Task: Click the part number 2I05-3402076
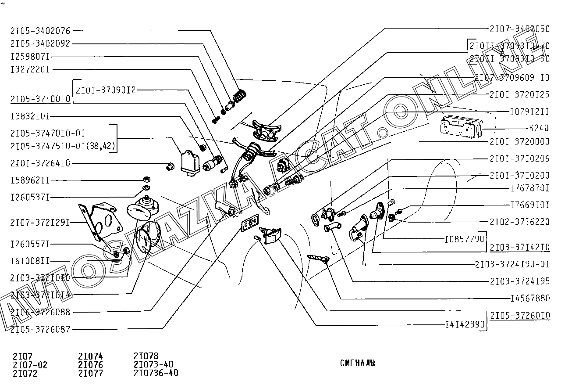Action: coord(40,31)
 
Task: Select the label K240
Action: coord(539,128)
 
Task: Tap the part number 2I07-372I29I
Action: coord(40,223)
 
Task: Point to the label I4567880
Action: coord(530,298)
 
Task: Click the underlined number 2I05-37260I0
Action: coord(520,316)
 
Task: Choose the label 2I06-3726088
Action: coord(40,312)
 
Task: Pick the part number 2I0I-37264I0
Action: coord(40,163)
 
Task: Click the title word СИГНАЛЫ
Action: coord(357,363)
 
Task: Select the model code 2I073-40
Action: coord(153,364)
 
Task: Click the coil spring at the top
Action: coord(239,95)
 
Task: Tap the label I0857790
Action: coord(464,239)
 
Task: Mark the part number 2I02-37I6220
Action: coord(519,222)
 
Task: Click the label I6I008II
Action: coord(30,261)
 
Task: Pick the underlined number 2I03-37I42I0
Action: coord(520,248)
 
